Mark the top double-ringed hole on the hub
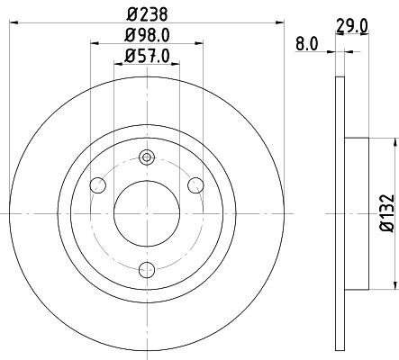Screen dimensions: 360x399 147,158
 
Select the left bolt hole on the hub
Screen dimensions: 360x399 99,185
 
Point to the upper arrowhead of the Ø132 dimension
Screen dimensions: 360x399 394,143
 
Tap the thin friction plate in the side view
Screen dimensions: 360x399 340,212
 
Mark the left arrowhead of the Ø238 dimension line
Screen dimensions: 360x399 14,22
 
